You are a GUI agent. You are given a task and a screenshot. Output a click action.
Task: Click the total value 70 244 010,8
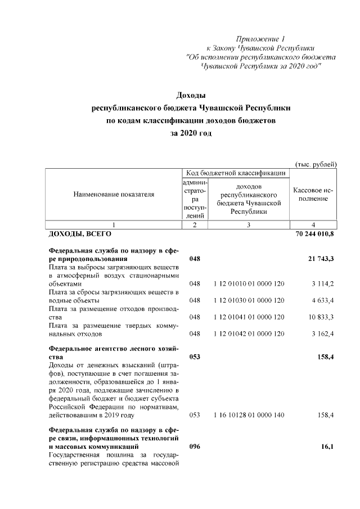coord(314,233)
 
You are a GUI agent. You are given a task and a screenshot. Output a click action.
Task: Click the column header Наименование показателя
coord(114,195)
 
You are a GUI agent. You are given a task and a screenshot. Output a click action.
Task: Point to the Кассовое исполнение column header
coord(313,195)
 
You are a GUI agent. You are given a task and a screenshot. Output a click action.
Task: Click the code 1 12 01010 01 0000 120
coord(249,284)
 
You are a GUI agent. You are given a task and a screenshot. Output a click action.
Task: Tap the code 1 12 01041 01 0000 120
coord(249,317)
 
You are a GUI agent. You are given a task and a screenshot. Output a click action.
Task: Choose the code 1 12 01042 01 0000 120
coord(249,334)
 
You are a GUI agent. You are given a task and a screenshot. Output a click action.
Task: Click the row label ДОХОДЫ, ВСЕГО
coord(80,233)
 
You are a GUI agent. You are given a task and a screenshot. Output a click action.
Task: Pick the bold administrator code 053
coord(195,357)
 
